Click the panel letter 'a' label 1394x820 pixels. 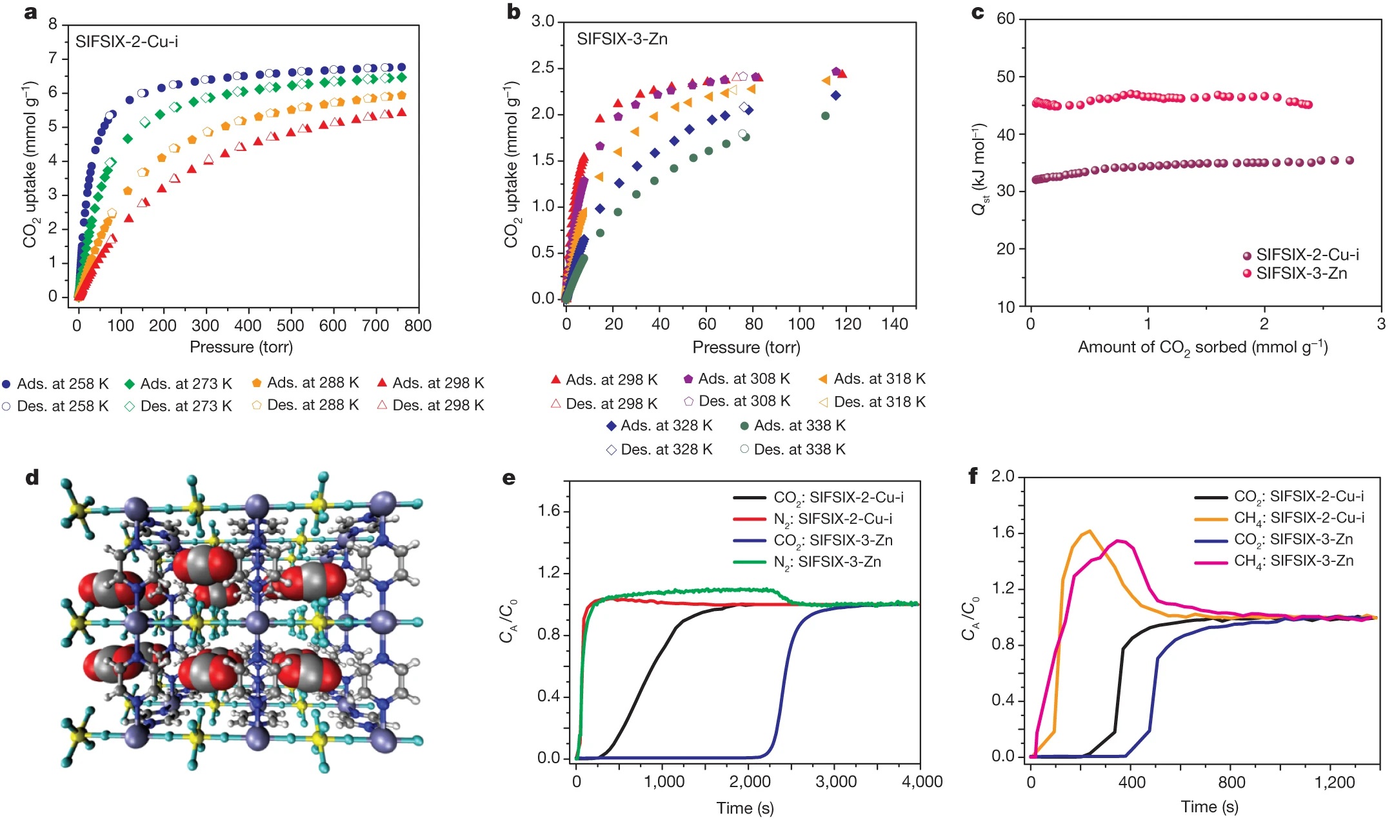tap(30, 12)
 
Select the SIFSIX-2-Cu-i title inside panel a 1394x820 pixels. tap(126, 42)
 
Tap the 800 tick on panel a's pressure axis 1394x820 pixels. tap(417, 325)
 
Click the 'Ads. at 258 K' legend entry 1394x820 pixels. tap(56, 384)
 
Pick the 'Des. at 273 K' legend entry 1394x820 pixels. tap(179, 406)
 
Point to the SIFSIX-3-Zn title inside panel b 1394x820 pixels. tap(622, 39)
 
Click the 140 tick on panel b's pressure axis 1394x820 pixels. tap(895, 324)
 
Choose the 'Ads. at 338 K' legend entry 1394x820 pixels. tap(793, 426)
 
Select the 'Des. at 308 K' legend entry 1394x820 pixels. tap(737, 401)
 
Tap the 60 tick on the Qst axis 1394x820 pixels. tap(1006, 19)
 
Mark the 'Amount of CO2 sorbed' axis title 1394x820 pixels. tap(1202, 348)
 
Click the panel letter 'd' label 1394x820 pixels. tap(32, 477)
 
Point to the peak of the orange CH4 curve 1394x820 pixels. tap(1090, 531)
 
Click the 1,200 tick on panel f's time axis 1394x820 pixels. tap(1335, 783)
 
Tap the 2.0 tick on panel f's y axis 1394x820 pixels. tap(1003, 477)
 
